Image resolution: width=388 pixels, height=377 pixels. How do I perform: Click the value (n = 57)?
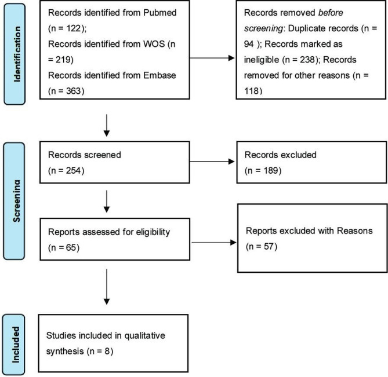(262, 248)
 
